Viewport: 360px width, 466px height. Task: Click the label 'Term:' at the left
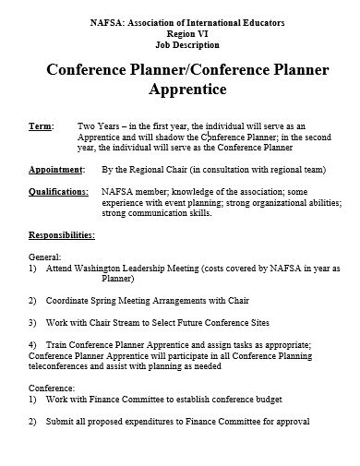coord(41,125)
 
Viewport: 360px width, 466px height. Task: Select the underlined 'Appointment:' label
coord(55,171)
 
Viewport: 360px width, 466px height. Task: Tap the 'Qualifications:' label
coord(58,191)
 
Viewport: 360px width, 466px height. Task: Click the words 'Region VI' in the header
coord(180,31)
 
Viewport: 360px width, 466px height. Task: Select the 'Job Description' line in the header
coord(181,42)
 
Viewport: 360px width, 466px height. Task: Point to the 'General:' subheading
coord(45,256)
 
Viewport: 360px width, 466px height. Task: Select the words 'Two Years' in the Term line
coord(100,125)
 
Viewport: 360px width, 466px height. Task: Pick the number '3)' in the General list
coord(33,323)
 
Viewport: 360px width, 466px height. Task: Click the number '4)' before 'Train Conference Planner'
coord(33,344)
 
